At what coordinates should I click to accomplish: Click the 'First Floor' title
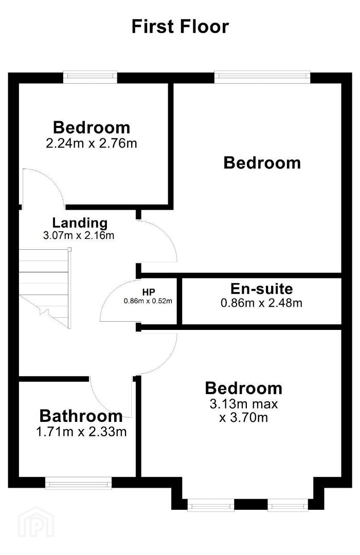tap(180, 27)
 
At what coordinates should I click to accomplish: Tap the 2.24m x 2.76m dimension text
tap(92, 143)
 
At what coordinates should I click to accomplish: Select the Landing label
tap(80, 223)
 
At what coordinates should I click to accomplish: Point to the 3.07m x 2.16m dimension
tap(79, 235)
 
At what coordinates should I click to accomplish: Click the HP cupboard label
tap(149, 292)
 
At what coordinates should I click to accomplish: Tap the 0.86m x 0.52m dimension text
tap(148, 301)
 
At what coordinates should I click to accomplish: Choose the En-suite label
tap(261, 289)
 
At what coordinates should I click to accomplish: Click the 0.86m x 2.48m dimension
tap(261, 303)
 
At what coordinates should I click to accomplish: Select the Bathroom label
tap(81, 416)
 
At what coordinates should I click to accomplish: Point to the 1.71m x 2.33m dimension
tap(81, 432)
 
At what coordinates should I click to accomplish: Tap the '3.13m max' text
tap(244, 404)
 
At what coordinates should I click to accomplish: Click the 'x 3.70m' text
tap(244, 418)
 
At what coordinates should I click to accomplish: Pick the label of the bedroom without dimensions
tap(262, 163)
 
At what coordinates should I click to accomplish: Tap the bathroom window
tap(78, 483)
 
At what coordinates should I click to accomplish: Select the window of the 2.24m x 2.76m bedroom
tap(90, 77)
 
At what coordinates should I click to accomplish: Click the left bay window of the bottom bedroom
tap(211, 505)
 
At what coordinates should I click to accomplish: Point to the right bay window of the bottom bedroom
tap(287, 505)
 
